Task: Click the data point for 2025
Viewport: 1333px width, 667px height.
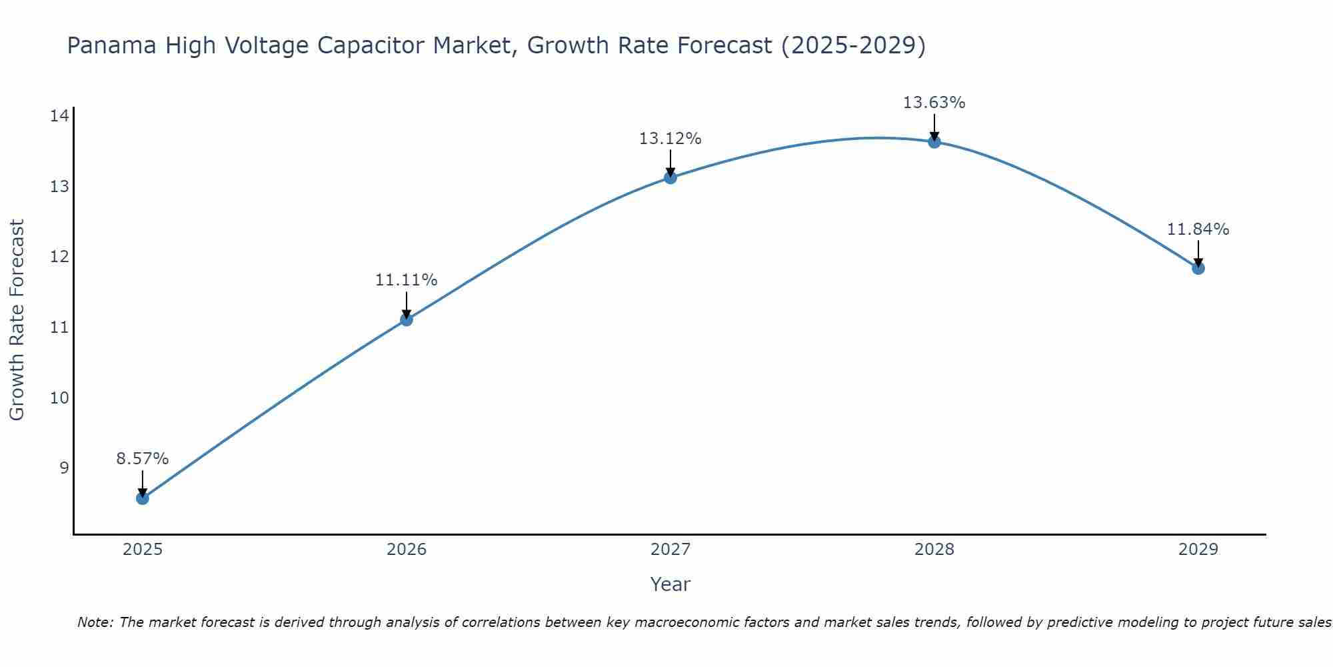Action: pyautogui.click(x=143, y=498)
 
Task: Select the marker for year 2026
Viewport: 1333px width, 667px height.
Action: pyautogui.click(x=407, y=319)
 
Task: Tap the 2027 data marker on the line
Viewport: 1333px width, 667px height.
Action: pyautogui.click(x=670, y=177)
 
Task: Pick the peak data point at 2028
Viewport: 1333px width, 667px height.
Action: pyautogui.click(x=934, y=141)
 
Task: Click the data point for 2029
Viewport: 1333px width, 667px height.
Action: pyautogui.click(x=1198, y=268)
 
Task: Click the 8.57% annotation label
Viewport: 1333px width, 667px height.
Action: pyautogui.click(x=143, y=459)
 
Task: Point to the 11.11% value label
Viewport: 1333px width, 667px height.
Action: pyautogui.click(x=407, y=280)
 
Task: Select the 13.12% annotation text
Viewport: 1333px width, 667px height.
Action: pyautogui.click(x=670, y=139)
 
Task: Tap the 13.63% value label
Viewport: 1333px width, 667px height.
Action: pyautogui.click(x=934, y=103)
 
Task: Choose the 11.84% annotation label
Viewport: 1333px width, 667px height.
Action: pyautogui.click(x=1198, y=229)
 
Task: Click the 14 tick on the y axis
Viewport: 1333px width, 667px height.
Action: pyautogui.click(x=59, y=116)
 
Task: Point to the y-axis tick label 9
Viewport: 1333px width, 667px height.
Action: pyautogui.click(x=64, y=468)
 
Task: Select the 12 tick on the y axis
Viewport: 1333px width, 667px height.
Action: pyautogui.click(x=59, y=257)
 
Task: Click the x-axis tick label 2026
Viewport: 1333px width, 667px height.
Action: pyautogui.click(x=407, y=550)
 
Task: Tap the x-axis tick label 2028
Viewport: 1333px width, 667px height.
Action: pyautogui.click(x=934, y=550)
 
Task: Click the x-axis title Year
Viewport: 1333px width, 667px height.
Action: pyautogui.click(x=670, y=584)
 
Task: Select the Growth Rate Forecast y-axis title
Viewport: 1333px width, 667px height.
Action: pyautogui.click(x=17, y=319)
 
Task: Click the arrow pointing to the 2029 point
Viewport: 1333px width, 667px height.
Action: pyautogui.click(x=1198, y=253)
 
